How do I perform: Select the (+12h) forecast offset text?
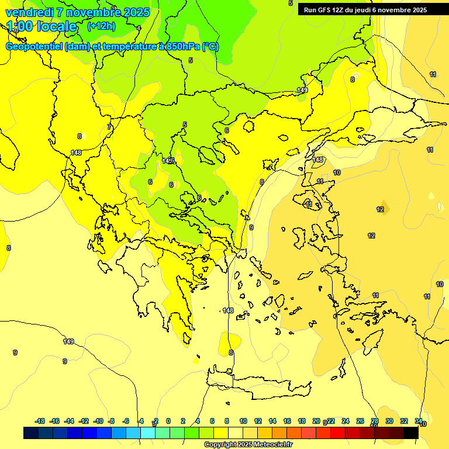pyautogui.click(x=101, y=26)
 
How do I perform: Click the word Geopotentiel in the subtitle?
pyautogui.click(x=34, y=47)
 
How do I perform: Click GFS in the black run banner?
pyautogui.click(x=326, y=10)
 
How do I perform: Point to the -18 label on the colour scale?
pyautogui.click(x=40, y=421)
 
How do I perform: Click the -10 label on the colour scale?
pyautogui.click(x=98, y=421)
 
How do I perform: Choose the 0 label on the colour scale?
pyautogui.click(x=168, y=421)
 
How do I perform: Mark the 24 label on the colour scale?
pyautogui.click(x=346, y=421)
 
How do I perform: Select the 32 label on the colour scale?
pyautogui.click(x=404, y=421)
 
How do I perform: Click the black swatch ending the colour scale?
pyautogui.click(x=411, y=433)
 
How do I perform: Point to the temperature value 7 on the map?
pyautogui.click(x=109, y=127)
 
